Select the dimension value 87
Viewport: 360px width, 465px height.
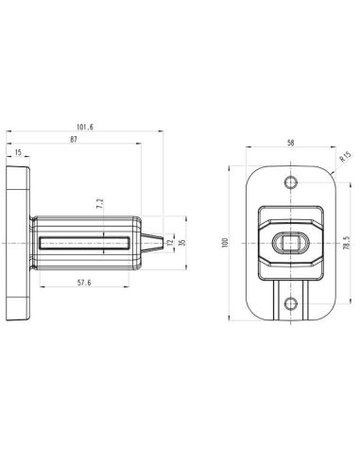click(73, 139)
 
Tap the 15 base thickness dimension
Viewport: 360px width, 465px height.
click(17, 151)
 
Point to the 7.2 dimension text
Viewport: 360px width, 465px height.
click(99, 203)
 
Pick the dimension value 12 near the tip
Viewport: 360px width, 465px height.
click(170, 242)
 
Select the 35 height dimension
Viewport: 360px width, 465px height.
click(181, 242)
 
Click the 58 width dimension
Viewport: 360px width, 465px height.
click(289, 143)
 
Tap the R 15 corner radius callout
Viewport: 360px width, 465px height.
click(346, 157)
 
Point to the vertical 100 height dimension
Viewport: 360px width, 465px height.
click(225, 242)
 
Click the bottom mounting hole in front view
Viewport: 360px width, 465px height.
click(290, 303)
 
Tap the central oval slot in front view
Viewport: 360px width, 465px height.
click(290, 242)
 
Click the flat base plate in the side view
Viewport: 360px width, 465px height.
click(18, 242)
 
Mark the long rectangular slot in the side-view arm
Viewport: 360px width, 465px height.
click(83, 242)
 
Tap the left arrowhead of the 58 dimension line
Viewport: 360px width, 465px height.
click(248, 148)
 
